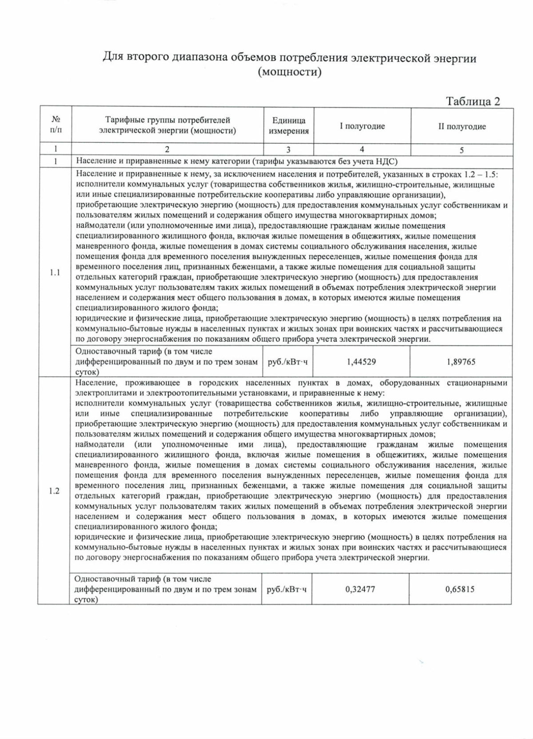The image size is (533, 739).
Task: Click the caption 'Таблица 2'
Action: (473, 101)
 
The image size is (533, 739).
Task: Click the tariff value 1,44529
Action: (361, 362)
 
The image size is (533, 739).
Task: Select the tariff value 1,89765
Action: (461, 362)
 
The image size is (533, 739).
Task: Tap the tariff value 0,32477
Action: (360, 589)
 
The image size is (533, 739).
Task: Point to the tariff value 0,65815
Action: (460, 589)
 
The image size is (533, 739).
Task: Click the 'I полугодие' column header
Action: (362, 126)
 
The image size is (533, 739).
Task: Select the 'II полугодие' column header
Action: (462, 127)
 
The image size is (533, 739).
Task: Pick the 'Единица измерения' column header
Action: (289, 126)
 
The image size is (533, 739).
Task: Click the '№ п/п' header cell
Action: (56, 124)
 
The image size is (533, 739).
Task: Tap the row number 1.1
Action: (55, 272)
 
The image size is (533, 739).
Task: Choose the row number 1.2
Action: (54, 491)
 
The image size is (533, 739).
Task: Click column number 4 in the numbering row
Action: (362, 149)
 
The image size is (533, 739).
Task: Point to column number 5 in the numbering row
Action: (462, 150)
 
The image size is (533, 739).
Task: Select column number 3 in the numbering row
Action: (289, 150)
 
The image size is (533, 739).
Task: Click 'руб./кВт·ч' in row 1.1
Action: (288, 362)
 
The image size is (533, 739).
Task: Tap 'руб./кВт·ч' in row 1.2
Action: (286, 589)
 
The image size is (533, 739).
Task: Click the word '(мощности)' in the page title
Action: (290, 72)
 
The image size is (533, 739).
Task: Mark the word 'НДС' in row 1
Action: (389, 161)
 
